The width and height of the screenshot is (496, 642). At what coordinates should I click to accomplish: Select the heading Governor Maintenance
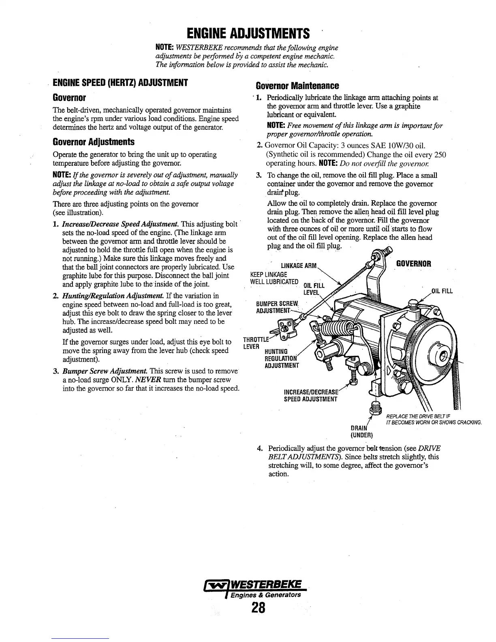[x=297, y=86]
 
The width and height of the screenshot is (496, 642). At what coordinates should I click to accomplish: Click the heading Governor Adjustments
[x=94, y=142]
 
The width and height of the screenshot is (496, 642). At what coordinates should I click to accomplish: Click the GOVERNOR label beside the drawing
[x=413, y=264]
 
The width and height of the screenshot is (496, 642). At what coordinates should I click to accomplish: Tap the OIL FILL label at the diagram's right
[x=441, y=291]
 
